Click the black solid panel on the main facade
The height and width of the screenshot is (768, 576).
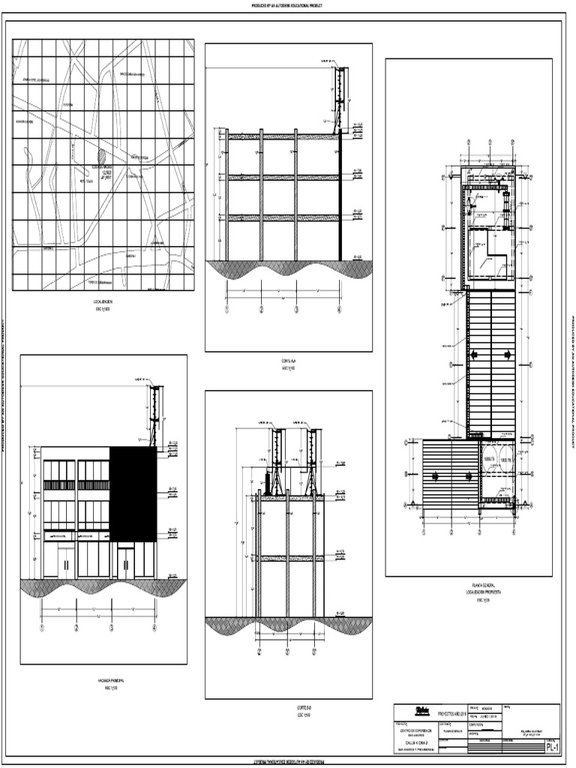point(133,493)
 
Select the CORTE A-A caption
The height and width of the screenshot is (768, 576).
point(289,362)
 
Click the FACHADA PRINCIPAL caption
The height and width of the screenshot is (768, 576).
point(104,680)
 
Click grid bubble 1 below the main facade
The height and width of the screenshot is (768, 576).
point(42,628)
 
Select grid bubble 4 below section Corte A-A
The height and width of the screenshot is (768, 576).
point(338,309)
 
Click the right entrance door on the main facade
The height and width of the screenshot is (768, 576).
point(124,562)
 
